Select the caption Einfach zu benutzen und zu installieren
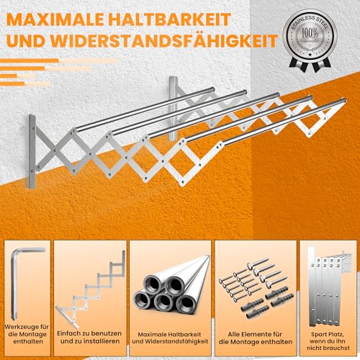click(89, 330)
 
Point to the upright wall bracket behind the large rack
click(173, 108)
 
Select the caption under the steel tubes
click(171, 330)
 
